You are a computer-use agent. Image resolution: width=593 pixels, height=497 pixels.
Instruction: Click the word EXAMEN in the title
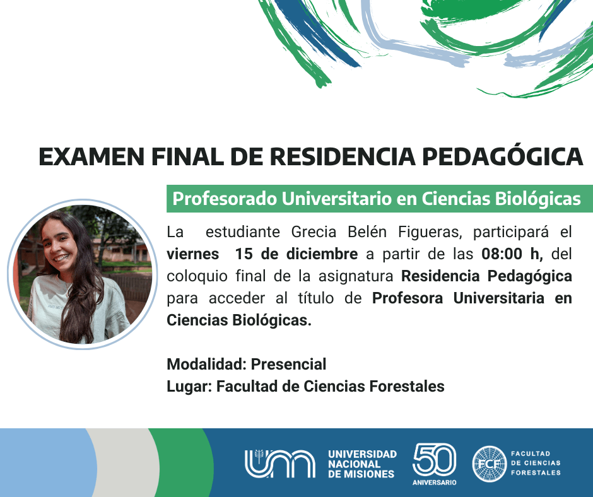pyautogui.click(x=92, y=156)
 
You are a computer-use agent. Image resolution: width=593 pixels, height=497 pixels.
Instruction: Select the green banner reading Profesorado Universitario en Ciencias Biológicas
pyautogui.click(x=380, y=199)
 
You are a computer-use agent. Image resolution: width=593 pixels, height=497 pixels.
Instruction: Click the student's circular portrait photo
pyautogui.click(x=83, y=274)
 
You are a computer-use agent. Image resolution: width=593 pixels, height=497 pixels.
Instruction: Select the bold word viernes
pyautogui.click(x=193, y=254)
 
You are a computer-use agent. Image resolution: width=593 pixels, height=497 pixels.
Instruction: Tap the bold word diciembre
pyautogui.click(x=322, y=254)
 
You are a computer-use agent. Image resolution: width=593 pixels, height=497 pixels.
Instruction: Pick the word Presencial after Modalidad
pyautogui.click(x=288, y=365)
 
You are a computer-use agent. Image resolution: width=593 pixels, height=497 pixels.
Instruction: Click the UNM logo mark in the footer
pyautogui.click(x=280, y=464)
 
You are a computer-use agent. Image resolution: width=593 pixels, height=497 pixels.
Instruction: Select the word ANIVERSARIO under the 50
pyautogui.click(x=434, y=482)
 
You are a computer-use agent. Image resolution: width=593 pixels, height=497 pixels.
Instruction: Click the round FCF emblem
pyautogui.click(x=490, y=464)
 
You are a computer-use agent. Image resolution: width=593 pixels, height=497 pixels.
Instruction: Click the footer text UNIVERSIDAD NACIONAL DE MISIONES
pyautogui.click(x=362, y=464)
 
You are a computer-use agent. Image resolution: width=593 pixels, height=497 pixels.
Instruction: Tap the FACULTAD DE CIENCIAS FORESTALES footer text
pyautogui.click(x=536, y=463)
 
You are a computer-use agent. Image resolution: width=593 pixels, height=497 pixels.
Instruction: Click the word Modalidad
pyautogui.click(x=207, y=365)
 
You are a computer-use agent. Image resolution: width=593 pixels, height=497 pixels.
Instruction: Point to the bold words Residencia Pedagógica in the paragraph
pyautogui.click(x=486, y=276)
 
